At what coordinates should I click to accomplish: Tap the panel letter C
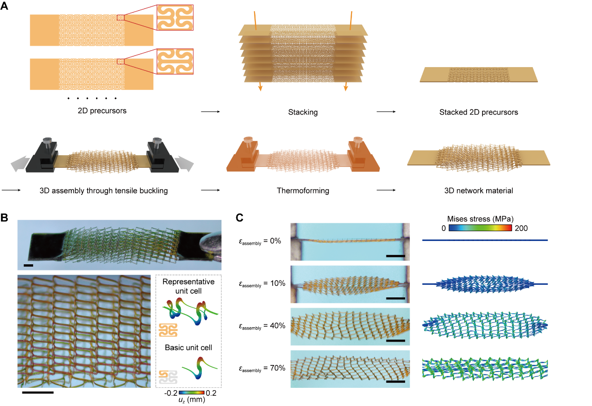tap(240, 217)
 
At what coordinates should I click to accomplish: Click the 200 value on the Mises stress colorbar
tap(521, 228)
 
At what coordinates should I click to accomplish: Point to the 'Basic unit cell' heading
tap(186, 347)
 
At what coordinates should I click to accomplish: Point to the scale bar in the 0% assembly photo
tap(396, 255)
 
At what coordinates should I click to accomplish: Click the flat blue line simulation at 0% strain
tap(485, 240)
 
